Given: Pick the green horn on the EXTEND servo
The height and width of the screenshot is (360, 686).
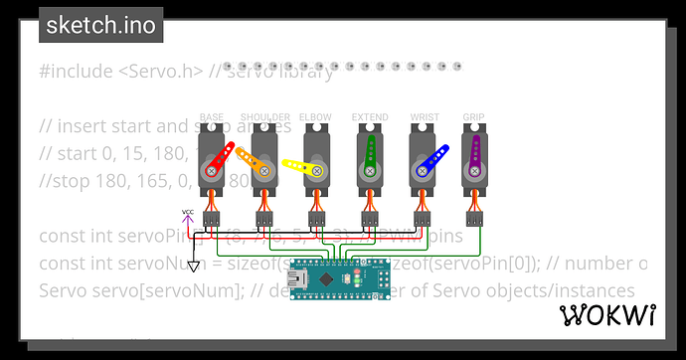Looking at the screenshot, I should [370, 154].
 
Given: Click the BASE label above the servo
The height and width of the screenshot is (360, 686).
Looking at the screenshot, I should [211, 117].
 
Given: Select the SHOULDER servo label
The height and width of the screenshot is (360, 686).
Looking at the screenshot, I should [263, 117].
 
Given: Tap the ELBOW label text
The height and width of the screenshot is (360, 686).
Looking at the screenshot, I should [316, 117].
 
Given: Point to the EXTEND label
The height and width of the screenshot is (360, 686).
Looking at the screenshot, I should [369, 117].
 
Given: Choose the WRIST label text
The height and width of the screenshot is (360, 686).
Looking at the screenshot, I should [423, 117].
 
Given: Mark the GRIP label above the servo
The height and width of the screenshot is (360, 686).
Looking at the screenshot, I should [474, 117].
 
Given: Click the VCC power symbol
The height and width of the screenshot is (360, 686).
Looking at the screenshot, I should [188, 213].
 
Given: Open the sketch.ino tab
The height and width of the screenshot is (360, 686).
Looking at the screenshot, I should [101, 25].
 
